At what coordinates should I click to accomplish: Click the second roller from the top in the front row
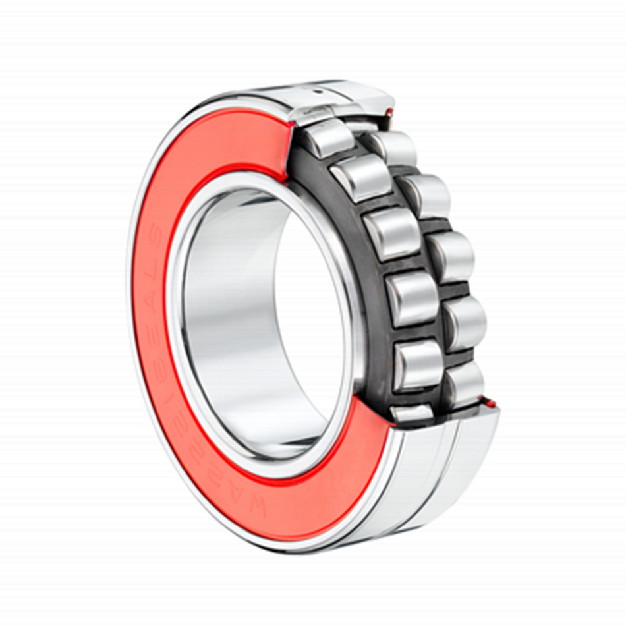[x=360, y=177]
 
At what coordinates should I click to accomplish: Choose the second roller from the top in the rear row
[x=426, y=195]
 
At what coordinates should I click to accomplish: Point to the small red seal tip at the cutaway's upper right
[x=389, y=113]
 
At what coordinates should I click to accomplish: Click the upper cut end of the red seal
[x=287, y=148]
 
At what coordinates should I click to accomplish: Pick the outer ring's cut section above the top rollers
[x=349, y=99]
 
